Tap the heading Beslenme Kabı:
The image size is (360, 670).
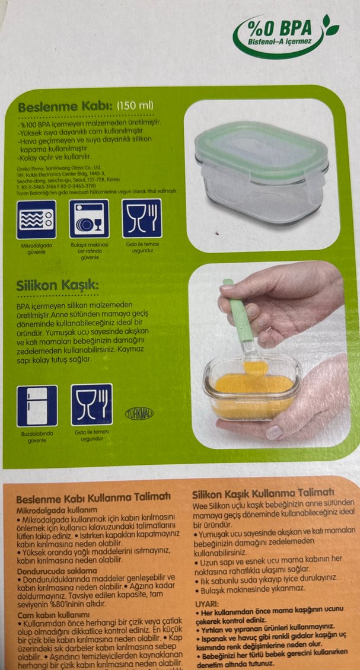click(65, 107)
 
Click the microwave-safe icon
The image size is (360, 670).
click(37, 219)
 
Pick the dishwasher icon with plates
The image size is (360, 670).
click(89, 219)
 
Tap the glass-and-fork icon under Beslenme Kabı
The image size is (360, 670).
click(141, 218)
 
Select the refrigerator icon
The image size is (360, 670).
click(37, 406)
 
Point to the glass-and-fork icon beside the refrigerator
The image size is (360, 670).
click(91, 405)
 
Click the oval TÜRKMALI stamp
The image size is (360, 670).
click(139, 414)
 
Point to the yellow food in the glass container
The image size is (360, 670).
click(252, 393)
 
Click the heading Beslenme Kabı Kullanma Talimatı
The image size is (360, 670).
click(93, 497)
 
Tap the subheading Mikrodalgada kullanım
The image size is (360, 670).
click(56, 509)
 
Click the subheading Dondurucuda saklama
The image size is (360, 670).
click(56, 570)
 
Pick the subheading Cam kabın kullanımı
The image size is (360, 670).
click(53, 614)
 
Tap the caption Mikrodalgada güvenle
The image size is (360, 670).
click(37, 248)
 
